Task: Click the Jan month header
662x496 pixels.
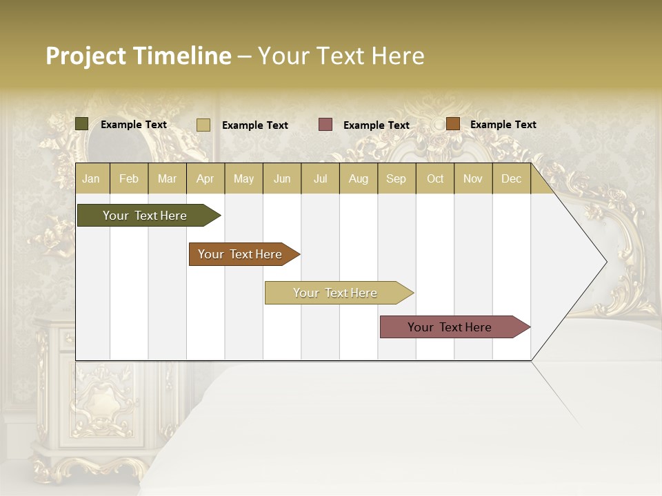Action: click(x=91, y=178)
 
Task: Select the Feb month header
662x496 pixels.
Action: click(x=129, y=178)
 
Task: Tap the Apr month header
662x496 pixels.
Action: click(x=205, y=178)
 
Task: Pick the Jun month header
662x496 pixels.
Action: click(x=282, y=178)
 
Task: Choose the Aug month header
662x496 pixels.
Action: click(x=358, y=178)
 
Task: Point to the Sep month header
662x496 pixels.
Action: click(x=396, y=178)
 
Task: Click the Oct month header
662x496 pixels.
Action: click(x=435, y=178)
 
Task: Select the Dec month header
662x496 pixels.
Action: click(x=511, y=178)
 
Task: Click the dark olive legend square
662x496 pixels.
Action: click(x=82, y=124)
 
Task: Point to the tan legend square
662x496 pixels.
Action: click(x=203, y=125)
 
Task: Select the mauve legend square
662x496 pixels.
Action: click(x=325, y=125)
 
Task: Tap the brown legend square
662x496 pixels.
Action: click(x=453, y=124)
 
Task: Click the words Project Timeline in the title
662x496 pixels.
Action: click(x=138, y=56)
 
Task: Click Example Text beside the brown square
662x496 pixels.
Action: click(x=503, y=125)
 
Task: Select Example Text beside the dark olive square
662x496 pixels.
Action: click(x=133, y=125)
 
